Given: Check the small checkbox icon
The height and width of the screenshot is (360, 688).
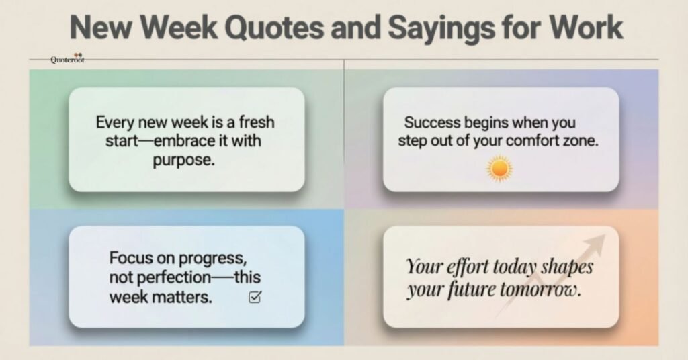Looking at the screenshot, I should click(x=255, y=297).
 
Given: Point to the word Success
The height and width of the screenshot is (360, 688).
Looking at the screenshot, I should click(x=433, y=124).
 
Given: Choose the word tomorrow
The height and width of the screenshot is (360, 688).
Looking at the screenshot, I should click(x=542, y=290).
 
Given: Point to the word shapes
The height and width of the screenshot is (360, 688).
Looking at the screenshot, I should click(x=568, y=267).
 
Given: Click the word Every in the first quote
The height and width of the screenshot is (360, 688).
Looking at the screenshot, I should click(x=115, y=124).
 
